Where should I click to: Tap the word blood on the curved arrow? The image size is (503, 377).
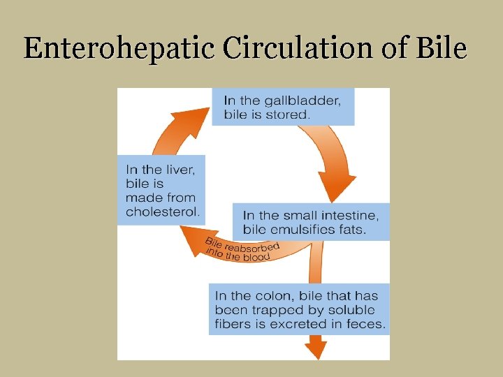[254, 258]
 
